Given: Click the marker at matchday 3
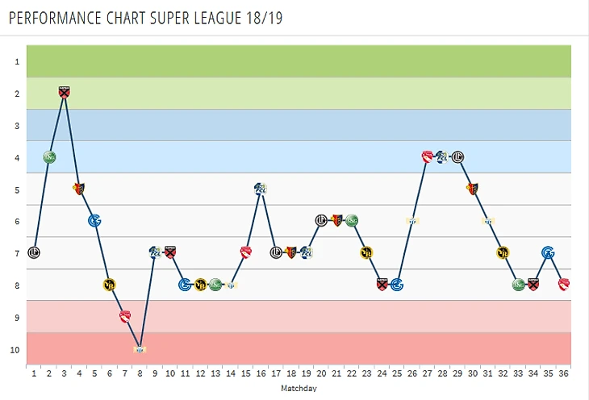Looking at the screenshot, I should click(65, 93).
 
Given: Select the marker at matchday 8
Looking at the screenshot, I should click(140, 348).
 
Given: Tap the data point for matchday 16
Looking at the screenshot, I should click(261, 189).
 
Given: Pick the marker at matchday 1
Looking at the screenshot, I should click(34, 252).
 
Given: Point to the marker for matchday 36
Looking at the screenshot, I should click(564, 284).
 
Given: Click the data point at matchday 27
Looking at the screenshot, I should click(428, 156).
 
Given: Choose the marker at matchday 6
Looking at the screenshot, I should click(110, 284).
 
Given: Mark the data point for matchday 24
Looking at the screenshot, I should click(382, 284).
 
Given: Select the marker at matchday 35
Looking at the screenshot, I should click(549, 252).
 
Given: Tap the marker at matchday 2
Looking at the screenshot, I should click(49, 156).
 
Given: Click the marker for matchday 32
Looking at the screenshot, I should click(503, 252).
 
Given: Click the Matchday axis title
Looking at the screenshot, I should click(299, 388).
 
